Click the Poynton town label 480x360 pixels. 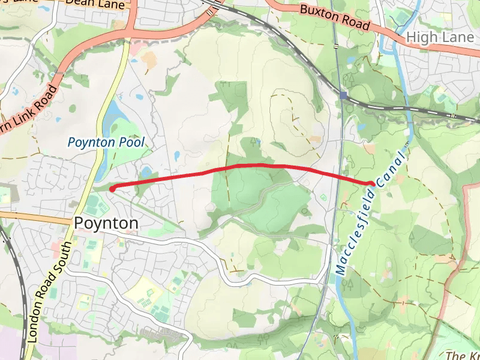[x=106, y=223]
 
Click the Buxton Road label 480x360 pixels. [x=334, y=18]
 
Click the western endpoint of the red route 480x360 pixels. [x=112, y=188]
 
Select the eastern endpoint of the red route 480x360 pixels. [x=372, y=184]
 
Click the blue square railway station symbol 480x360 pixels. [x=343, y=95]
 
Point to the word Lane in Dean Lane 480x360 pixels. [x=114, y=4]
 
